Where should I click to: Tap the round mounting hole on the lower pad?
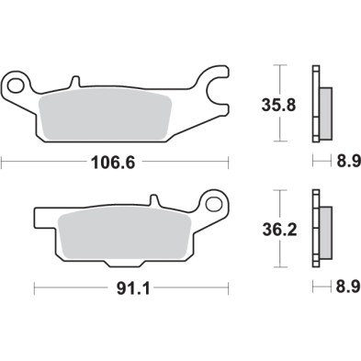coord(215,200)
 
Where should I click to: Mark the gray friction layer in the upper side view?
coord(325,108)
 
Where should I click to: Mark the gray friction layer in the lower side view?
coord(325,232)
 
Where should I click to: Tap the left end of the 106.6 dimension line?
coord(4,164)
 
